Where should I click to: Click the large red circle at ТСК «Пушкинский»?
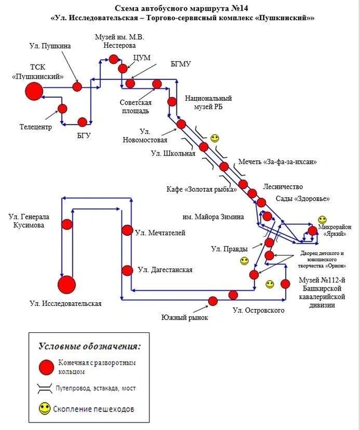pyautogui.click(x=34, y=91)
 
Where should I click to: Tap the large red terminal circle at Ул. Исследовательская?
pyautogui.click(x=66, y=284)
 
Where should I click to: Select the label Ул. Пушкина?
pyautogui.click(x=50, y=46)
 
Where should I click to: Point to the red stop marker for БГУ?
pyautogui.click(x=82, y=122)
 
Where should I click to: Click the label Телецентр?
pyautogui.click(x=36, y=127)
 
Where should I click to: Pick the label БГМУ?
pyautogui.click(x=181, y=64)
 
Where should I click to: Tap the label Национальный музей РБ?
pyautogui.click(x=208, y=103)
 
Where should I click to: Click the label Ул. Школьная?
pyautogui.click(x=173, y=154)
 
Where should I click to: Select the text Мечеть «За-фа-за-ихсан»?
pyautogui.click(x=277, y=162)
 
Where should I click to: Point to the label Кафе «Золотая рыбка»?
pyautogui.click(x=202, y=189)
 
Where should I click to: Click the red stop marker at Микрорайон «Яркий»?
pyautogui.click(x=313, y=231)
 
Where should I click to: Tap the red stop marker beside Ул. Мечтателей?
pyautogui.click(x=127, y=230)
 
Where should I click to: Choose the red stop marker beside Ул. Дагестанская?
pyautogui.click(x=127, y=270)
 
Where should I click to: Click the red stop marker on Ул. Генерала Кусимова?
pyautogui.click(x=67, y=224)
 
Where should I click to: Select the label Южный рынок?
pyautogui.click(x=184, y=318)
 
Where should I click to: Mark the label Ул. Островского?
pyautogui.click(x=259, y=310)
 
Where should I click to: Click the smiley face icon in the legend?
pyautogui.click(x=44, y=408)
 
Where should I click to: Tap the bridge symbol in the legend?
pyautogui.click(x=45, y=388)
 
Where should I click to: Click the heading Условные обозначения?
pyautogui.click(x=89, y=346)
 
